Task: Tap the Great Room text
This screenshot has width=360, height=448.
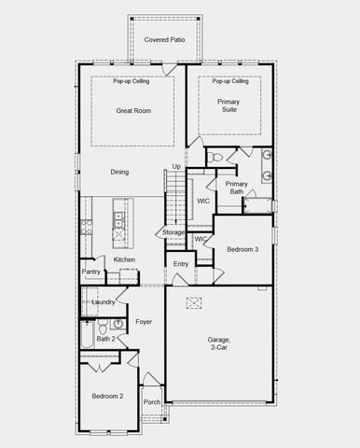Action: pyautogui.click(x=133, y=111)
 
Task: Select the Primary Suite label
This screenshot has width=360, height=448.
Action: pyautogui.click(x=228, y=105)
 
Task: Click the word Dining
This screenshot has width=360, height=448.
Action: pyautogui.click(x=119, y=173)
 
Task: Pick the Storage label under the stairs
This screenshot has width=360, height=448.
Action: pyautogui.click(x=173, y=232)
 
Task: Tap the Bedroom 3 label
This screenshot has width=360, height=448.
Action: pyautogui.click(x=242, y=249)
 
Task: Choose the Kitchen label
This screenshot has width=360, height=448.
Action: pyautogui.click(x=124, y=259)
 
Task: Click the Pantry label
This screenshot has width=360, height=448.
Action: pyautogui.click(x=90, y=273)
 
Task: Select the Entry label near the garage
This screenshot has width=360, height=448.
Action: pyautogui.click(x=181, y=265)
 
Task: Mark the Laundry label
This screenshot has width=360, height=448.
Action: pyautogui.click(x=103, y=301)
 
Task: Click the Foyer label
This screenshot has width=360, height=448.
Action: pyautogui.click(x=144, y=322)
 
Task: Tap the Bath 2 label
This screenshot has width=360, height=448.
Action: pyautogui.click(x=105, y=339)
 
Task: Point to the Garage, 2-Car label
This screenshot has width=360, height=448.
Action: pyautogui.click(x=220, y=344)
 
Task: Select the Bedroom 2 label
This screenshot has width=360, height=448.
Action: pyautogui.click(x=107, y=397)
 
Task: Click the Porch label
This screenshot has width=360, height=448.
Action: pyautogui.click(x=151, y=402)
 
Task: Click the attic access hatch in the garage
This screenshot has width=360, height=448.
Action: pyautogui.click(x=195, y=301)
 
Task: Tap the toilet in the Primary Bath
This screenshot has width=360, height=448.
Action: pyautogui.click(x=215, y=157)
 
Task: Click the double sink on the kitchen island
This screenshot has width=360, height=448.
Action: pyautogui.click(x=118, y=220)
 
